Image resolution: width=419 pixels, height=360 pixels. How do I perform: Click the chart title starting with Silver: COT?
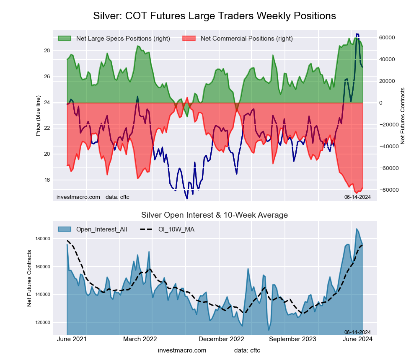coord(214,16)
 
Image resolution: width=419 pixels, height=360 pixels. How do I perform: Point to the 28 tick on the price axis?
coord(47,51)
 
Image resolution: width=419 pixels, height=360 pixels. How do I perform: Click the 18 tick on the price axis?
coord(47,180)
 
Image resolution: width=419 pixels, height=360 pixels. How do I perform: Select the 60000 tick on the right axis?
coord(388,37)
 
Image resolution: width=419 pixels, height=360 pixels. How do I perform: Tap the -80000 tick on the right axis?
coord(389,190)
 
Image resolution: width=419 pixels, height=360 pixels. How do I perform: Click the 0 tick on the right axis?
coord(381,103)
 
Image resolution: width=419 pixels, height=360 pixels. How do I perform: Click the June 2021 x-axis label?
coord(71,339)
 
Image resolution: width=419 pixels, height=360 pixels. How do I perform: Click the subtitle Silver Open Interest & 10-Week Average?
coord(214,215)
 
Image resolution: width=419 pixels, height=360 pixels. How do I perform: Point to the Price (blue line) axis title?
coord(38,116)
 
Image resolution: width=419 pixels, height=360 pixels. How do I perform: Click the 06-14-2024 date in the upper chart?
coord(357,197)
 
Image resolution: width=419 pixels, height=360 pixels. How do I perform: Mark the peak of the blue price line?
coord(357,34)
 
